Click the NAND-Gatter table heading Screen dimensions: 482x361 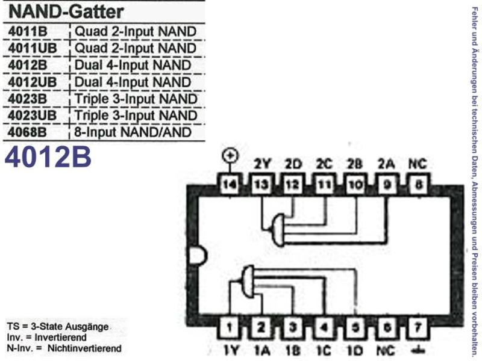[66, 11]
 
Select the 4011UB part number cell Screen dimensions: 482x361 [33, 48]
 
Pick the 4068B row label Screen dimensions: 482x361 [27, 132]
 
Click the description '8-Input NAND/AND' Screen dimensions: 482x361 [133, 132]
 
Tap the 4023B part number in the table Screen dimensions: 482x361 [28, 99]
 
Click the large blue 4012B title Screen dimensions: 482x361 [48, 157]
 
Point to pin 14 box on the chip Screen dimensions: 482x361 [230, 185]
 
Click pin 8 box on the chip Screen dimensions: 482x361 [418, 185]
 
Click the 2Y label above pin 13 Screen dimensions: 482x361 [262, 164]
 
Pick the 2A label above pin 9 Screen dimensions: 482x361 [386, 164]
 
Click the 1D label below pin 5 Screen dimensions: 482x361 [355, 351]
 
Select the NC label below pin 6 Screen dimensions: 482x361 [386, 351]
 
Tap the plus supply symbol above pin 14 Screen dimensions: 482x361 [230, 156]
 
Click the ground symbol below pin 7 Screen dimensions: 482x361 [418, 350]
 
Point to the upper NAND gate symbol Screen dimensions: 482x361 [278, 230]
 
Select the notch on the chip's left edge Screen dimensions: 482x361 [198, 256]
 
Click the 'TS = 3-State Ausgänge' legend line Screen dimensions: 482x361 [58, 327]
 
